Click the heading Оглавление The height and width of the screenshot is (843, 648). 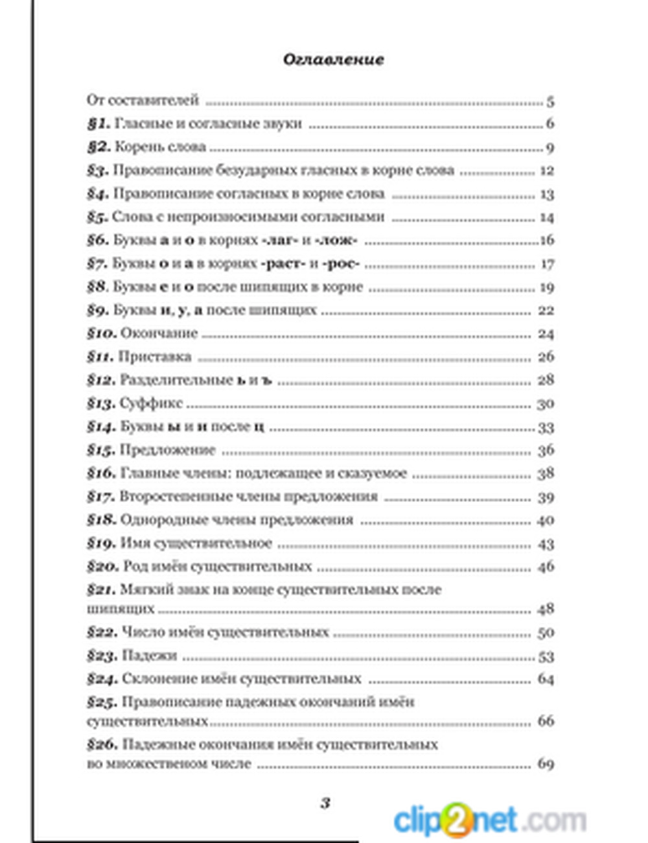[x=333, y=60]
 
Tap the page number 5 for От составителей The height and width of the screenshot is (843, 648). [x=550, y=102]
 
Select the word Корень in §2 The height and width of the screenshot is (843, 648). [x=135, y=147]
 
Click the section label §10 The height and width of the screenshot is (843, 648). [x=102, y=333]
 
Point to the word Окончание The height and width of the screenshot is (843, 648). [x=159, y=333]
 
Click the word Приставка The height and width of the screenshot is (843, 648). [x=155, y=357]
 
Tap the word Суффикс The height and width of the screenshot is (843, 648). [x=151, y=403]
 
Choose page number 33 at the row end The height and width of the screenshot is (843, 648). [x=546, y=427]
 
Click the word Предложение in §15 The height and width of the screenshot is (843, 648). [x=167, y=450]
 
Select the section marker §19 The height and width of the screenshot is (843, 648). [x=101, y=543]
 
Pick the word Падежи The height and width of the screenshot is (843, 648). [x=149, y=656]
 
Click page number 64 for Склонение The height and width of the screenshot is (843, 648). [x=546, y=679]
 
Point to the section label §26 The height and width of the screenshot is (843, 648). [x=102, y=744]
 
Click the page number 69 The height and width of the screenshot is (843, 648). [x=546, y=764]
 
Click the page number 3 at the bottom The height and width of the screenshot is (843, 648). [x=325, y=803]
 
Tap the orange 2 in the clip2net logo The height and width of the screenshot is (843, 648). [x=457, y=820]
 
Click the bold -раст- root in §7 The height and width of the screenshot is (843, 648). [x=279, y=264]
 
